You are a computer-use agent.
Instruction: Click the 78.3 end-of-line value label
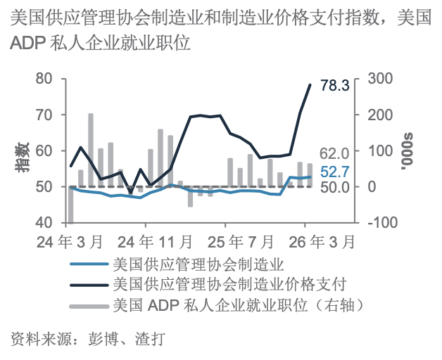[335, 86]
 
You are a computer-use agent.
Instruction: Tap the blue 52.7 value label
[335, 172]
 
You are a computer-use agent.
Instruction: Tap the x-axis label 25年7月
[239, 241]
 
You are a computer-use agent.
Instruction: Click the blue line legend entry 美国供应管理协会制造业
[197, 265]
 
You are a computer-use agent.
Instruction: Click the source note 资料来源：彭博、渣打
[87, 340]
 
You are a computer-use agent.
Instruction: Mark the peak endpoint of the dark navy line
[310, 85]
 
